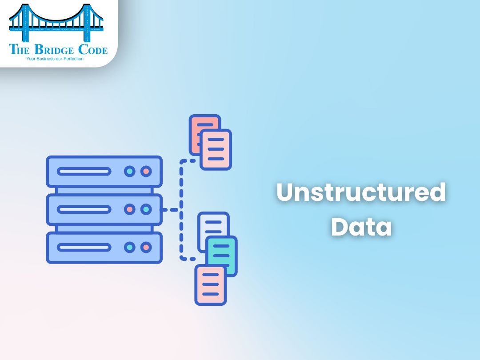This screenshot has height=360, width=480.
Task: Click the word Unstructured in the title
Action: (361, 193)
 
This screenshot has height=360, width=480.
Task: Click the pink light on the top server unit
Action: (146, 171)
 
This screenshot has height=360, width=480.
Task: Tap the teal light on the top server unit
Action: (130, 171)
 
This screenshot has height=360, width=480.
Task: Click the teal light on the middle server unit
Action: (146, 209)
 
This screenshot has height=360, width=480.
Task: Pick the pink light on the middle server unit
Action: (130, 209)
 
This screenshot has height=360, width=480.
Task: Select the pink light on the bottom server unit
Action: (146, 247)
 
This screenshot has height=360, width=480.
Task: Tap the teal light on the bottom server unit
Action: (130, 247)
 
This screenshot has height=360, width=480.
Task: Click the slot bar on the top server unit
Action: (84, 171)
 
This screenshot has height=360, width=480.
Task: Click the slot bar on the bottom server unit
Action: (84, 247)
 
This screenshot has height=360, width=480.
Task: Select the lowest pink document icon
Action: (210, 284)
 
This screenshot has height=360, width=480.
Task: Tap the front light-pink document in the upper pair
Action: (216, 150)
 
